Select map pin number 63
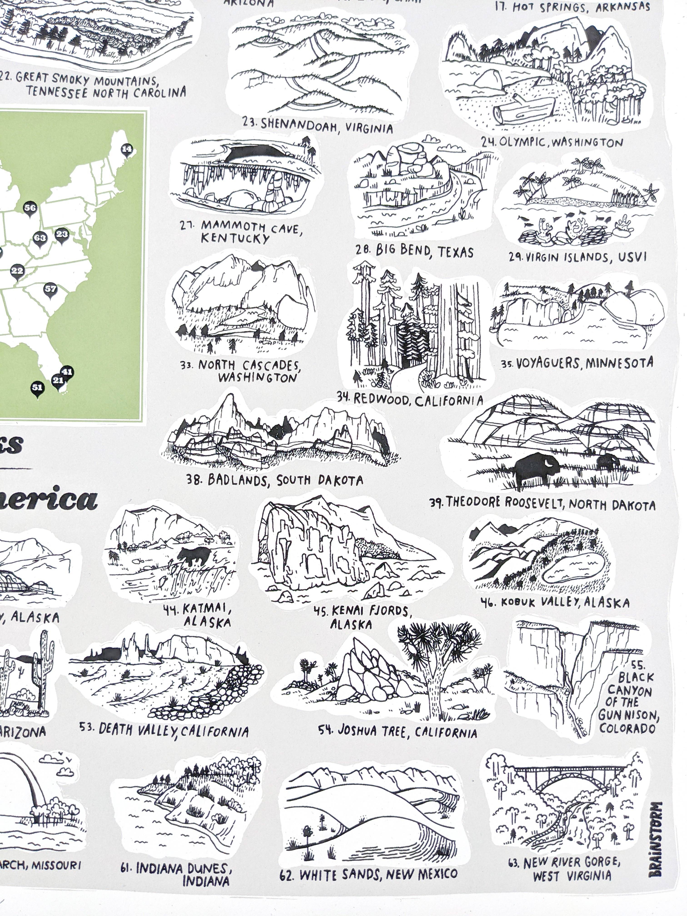click(40, 238)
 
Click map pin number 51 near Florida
click(38, 388)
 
